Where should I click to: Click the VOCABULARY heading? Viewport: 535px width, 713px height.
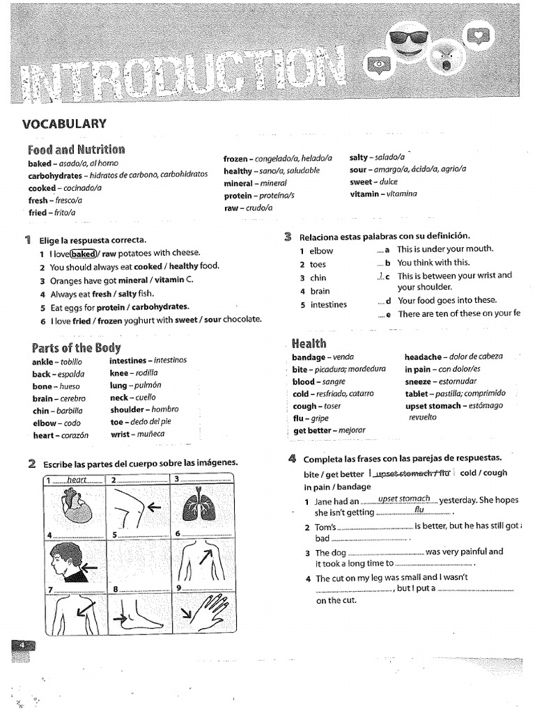click(x=64, y=124)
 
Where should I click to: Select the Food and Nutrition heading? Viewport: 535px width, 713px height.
click(x=76, y=149)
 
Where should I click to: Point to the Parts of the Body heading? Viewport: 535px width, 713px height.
click(x=76, y=347)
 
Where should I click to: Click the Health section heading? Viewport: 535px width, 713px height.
click(x=309, y=343)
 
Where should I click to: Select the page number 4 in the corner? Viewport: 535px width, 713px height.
click(x=22, y=645)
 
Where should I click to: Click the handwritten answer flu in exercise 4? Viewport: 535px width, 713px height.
click(x=419, y=510)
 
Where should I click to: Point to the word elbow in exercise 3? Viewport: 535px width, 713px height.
click(x=321, y=251)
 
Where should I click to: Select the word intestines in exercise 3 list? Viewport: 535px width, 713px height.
click(x=327, y=305)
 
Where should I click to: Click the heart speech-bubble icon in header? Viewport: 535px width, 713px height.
click(x=478, y=35)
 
